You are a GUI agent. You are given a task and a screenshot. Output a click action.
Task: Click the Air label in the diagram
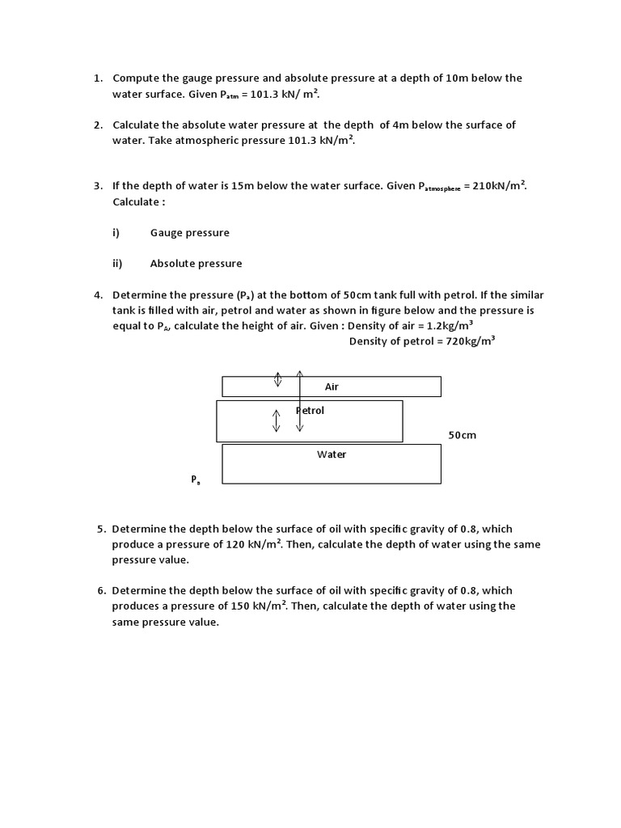[332, 387]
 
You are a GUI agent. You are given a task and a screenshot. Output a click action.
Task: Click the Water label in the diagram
[332, 454]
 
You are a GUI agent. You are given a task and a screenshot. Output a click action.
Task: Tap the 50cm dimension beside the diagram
[463, 435]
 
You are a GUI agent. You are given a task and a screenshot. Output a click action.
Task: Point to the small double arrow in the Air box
[277, 378]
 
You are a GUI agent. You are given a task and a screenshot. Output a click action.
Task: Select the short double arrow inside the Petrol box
[277, 420]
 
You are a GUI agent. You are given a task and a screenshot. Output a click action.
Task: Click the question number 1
[97, 78]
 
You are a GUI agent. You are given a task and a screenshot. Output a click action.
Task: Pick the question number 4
[97, 295]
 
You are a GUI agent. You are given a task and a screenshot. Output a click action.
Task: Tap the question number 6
[101, 591]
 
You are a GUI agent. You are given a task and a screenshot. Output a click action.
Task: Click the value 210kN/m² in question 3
[499, 186]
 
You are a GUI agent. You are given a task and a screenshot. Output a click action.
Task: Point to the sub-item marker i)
[116, 233]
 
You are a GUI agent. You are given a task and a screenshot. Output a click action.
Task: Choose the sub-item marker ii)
[117, 264]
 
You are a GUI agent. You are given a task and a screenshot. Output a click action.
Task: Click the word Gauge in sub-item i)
[167, 233]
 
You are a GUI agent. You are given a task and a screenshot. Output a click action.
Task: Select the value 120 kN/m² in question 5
[252, 544]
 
